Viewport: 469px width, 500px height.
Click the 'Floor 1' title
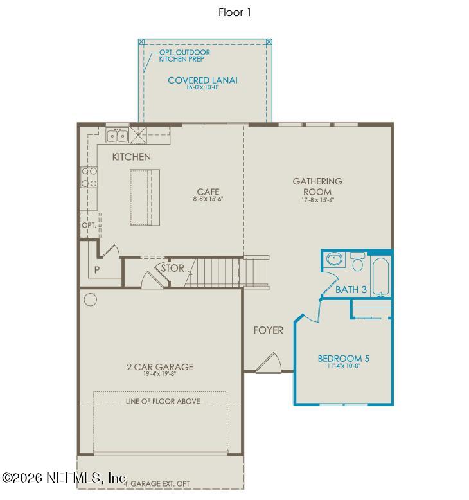(234, 12)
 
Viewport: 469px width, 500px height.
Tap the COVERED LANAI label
(202, 80)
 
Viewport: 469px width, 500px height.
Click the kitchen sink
(117, 136)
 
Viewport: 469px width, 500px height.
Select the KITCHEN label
(131, 157)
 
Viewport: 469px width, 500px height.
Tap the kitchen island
(144, 197)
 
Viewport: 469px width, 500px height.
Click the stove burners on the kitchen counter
(89, 177)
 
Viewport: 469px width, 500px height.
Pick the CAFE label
(208, 192)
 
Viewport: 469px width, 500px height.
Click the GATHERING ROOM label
(317, 186)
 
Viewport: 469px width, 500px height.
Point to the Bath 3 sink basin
(333, 260)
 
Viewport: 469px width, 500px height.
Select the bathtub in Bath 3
(380, 276)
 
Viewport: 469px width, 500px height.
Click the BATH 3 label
(351, 290)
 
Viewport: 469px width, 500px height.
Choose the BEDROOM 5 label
(344, 359)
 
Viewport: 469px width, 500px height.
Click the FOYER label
(268, 330)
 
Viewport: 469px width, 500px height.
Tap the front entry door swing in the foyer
(268, 364)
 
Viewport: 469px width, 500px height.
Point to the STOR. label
(173, 268)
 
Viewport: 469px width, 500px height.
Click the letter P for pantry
(97, 270)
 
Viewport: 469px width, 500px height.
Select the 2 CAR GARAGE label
(160, 367)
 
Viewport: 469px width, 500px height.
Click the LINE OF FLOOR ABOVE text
(163, 401)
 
